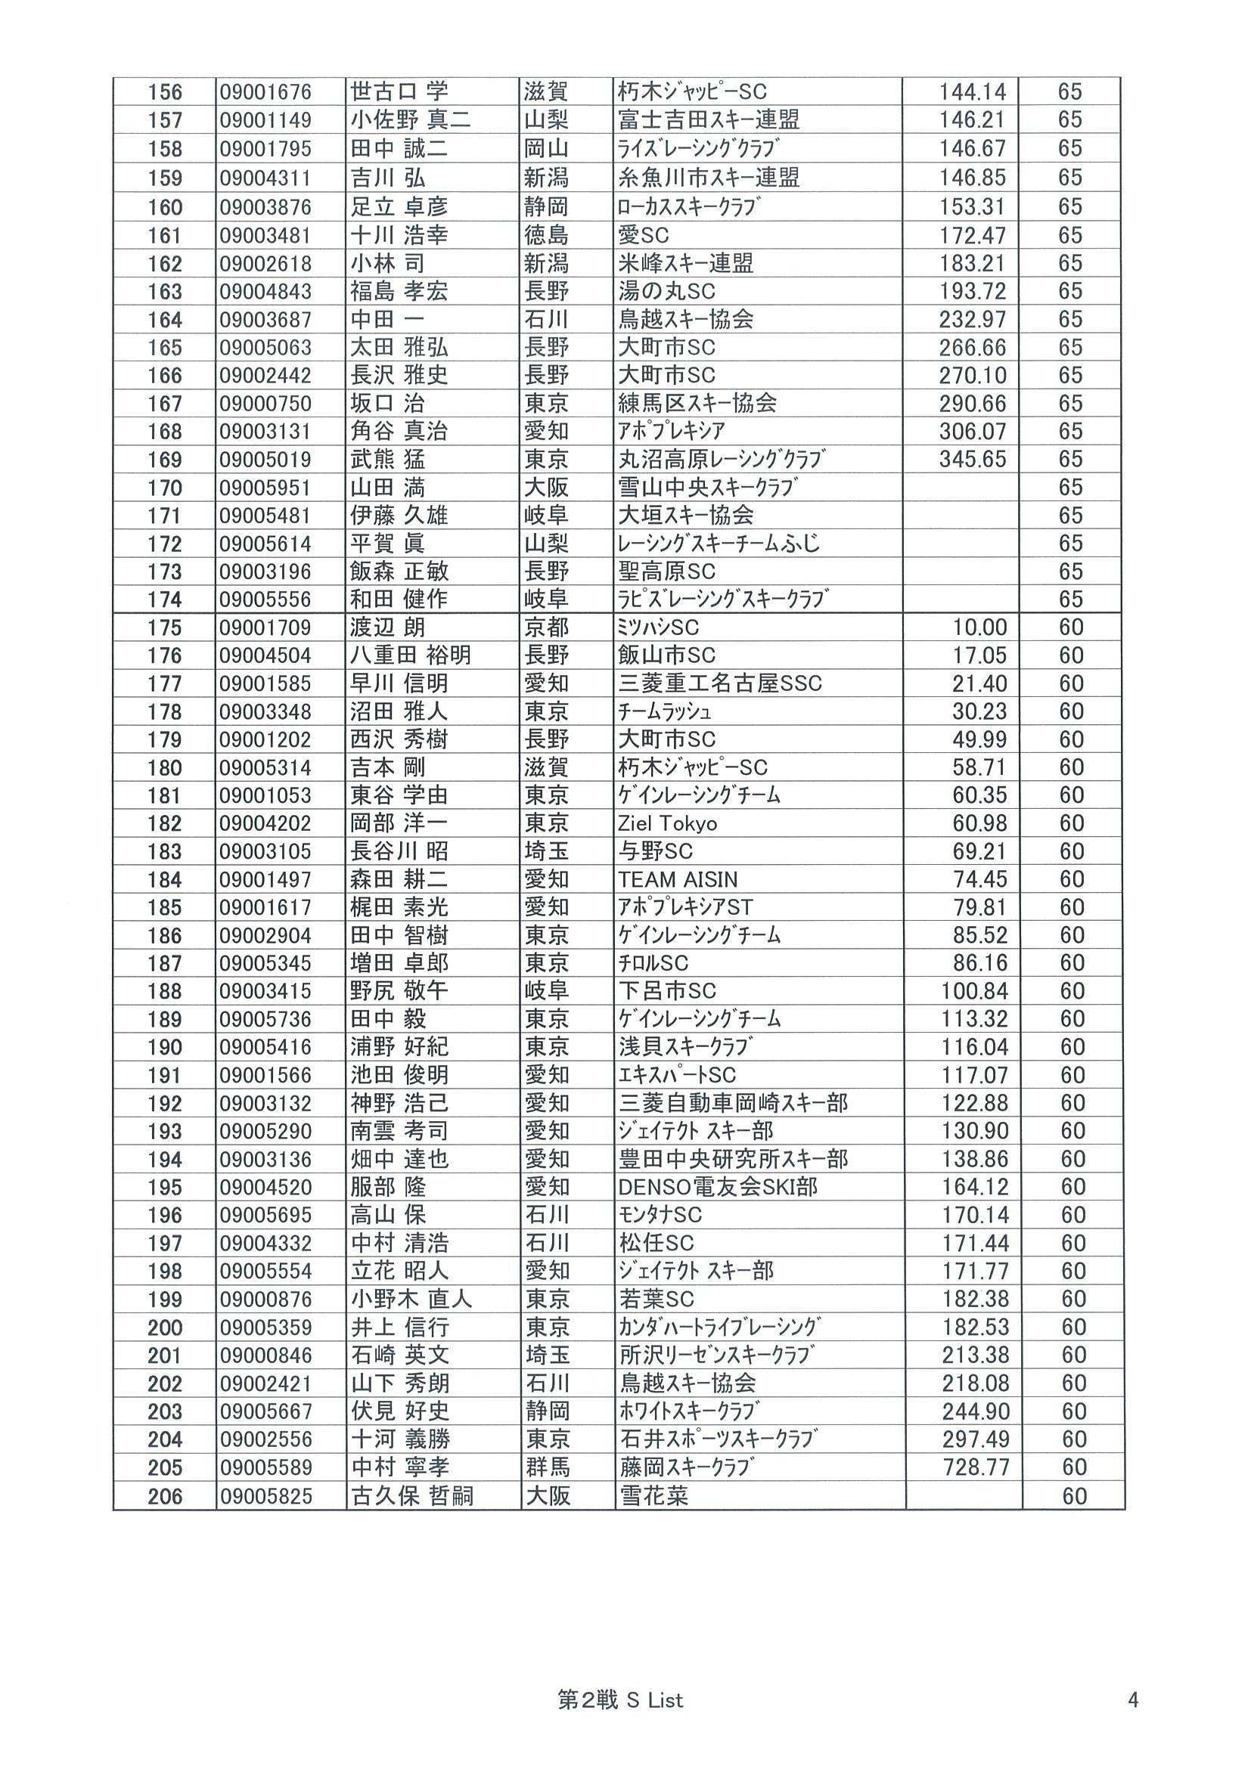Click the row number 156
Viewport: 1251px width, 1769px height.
165,92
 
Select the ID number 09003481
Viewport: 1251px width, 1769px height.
265,236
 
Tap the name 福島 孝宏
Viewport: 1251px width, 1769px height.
399,292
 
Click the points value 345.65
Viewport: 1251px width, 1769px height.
972,460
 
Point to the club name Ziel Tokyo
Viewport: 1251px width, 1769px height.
667,823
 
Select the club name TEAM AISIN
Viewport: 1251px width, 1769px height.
678,880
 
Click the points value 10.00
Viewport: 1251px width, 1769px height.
979,628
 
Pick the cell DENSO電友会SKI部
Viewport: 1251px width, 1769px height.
717,1188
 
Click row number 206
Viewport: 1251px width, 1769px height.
165,1496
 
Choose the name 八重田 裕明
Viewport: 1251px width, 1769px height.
410,655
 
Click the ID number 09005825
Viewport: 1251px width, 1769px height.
265,1496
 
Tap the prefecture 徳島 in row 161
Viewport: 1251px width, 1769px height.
546,236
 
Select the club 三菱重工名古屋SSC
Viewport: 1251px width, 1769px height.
719,684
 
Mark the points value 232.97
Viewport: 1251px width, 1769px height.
972,320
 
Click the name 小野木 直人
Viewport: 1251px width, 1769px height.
410,1300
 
